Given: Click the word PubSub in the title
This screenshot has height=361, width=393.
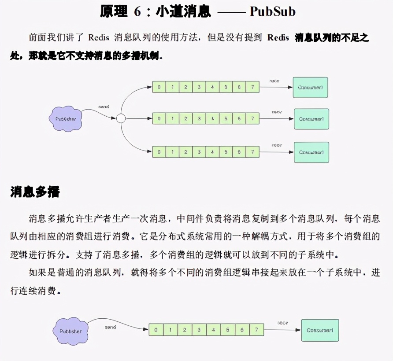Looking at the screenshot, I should click(x=273, y=11).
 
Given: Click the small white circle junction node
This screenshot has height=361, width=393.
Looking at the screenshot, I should click(x=121, y=118).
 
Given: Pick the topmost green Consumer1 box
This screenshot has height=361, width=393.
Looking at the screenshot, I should click(x=311, y=87).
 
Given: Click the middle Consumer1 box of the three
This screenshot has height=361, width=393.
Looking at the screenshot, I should click(x=311, y=119).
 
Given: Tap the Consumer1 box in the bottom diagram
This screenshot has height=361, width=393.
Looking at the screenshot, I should click(x=320, y=330).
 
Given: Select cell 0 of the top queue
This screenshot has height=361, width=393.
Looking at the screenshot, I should click(x=159, y=87).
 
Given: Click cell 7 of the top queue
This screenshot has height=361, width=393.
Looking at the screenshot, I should click(x=252, y=87).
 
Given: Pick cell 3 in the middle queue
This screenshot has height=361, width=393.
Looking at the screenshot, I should click(x=199, y=118).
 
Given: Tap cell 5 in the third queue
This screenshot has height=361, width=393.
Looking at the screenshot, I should click(x=226, y=152).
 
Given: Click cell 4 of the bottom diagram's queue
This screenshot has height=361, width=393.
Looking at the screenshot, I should click(x=213, y=330).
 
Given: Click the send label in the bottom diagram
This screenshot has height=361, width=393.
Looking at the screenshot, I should click(x=110, y=327).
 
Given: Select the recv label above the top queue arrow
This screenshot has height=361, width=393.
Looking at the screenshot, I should click(x=274, y=81).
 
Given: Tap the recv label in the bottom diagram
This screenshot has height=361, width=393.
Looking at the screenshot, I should click(x=282, y=323).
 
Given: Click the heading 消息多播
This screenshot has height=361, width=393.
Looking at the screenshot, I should click(x=35, y=192).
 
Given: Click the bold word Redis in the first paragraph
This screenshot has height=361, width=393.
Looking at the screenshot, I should click(x=278, y=37).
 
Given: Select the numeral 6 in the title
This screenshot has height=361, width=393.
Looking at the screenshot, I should click(x=137, y=11).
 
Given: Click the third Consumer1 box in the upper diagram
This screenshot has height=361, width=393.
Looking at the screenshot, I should click(x=311, y=152).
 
